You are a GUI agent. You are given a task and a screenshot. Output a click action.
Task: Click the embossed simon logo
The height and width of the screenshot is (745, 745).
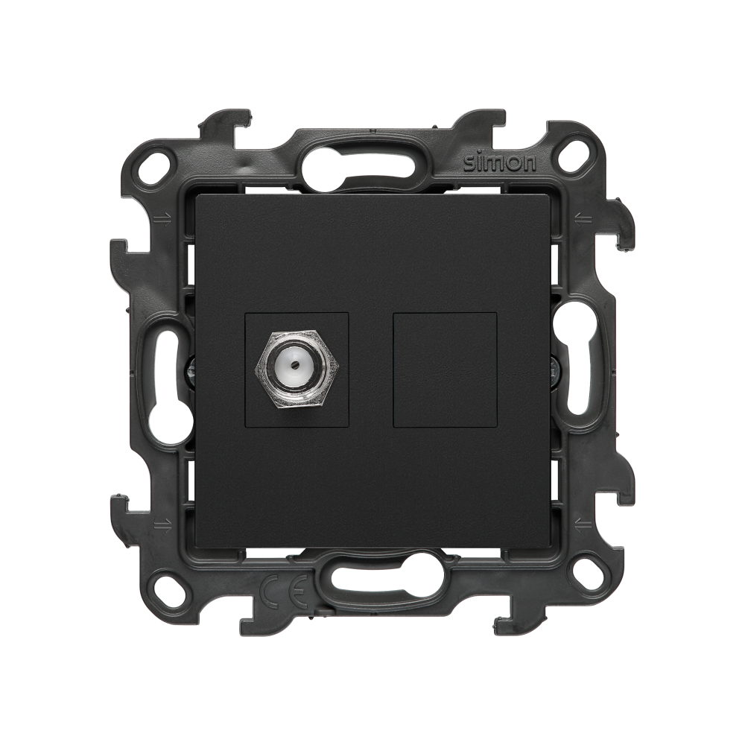coord(500,163)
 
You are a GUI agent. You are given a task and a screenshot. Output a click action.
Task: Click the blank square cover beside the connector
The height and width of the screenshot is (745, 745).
coord(446,370)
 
